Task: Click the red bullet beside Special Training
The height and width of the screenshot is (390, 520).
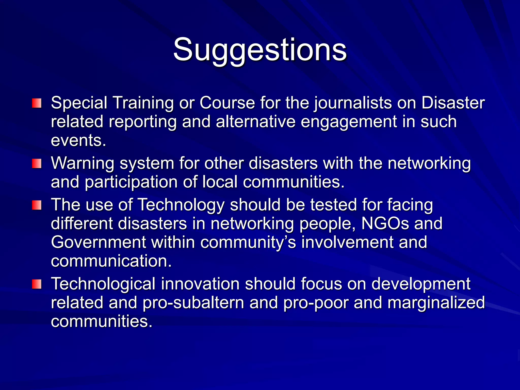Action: (37, 103)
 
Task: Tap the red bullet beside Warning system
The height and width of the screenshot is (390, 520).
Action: (37, 163)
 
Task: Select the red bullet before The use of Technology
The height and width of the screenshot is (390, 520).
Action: (37, 205)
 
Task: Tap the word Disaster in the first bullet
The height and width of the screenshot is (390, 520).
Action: (453, 103)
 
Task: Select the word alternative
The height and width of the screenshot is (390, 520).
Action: (256, 122)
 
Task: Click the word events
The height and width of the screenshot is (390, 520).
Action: (78, 140)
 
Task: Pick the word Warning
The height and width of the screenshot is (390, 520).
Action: (83, 163)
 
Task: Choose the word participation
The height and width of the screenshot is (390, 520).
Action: (131, 182)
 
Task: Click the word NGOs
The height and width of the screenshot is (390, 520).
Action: (385, 223)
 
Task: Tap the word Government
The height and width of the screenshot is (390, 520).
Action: (98, 242)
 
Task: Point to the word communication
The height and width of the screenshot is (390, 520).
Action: (111, 261)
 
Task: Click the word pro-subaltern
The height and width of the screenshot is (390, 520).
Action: (193, 303)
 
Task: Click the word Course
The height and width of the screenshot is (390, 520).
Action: (227, 103)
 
